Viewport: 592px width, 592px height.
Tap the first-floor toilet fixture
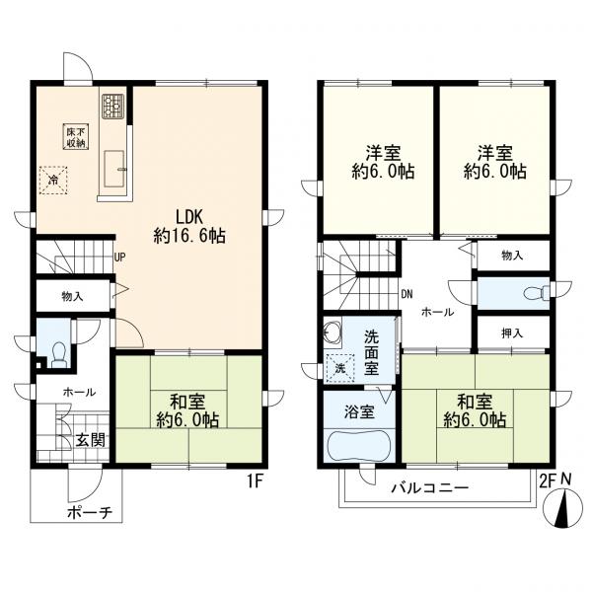57,351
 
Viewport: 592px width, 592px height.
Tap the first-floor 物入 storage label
73,295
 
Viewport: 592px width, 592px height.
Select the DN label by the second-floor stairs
407,293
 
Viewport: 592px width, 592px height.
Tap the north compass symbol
563,511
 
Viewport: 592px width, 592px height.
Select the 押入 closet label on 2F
511,333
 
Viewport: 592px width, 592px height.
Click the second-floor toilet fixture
532,292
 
